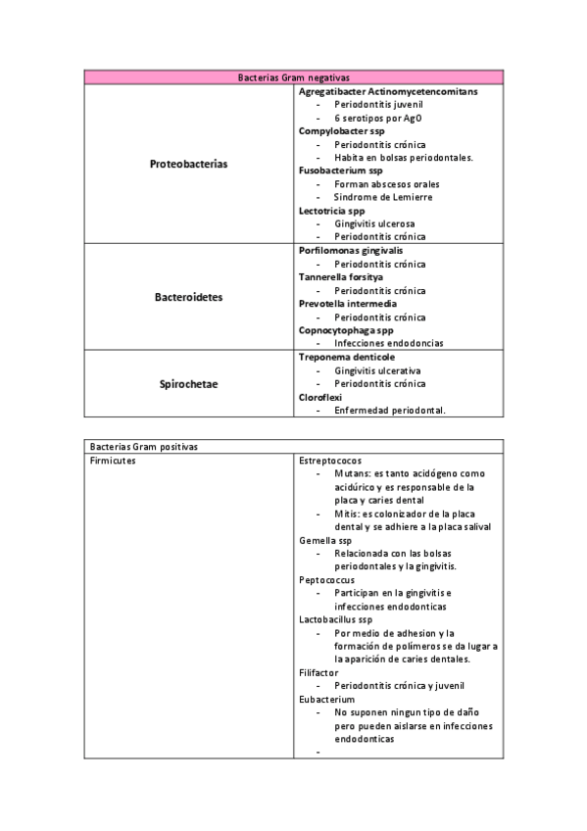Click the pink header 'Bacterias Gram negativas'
pos(294,76)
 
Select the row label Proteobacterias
pos(188,164)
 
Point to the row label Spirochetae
pos(188,383)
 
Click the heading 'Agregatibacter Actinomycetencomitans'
pos(388,90)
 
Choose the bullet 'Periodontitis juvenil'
pos(379,104)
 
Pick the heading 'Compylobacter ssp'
pos(342,130)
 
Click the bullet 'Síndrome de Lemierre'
pos(383,197)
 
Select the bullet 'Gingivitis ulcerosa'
pos(374,223)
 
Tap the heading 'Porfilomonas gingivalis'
pos(354,251)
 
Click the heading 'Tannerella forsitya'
pos(341,277)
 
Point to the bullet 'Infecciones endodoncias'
pos(388,344)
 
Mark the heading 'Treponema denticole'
pos(347,357)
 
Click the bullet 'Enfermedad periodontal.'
pos(389,411)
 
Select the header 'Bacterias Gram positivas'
pos(143,446)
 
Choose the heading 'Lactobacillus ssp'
pos(336,619)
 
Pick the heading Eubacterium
pos(328,700)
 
